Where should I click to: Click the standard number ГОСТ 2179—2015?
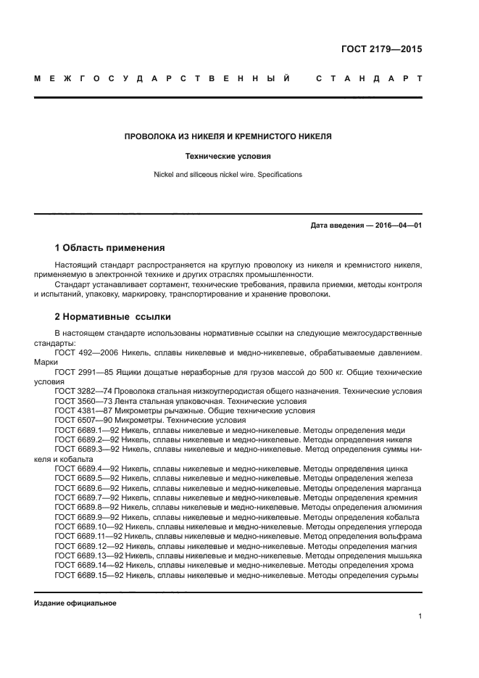coord(381,50)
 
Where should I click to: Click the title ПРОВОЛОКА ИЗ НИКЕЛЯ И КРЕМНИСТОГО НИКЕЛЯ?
coord(228,136)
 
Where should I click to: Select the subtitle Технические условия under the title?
coord(228,155)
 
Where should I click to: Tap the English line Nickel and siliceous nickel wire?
coord(228,175)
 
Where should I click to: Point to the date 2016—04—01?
coord(397,226)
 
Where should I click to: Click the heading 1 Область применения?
coord(109,248)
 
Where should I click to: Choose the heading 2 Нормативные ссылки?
coord(113,317)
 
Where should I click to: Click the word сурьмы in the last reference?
coord(405,575)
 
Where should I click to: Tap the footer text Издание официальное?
coord(75,603)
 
